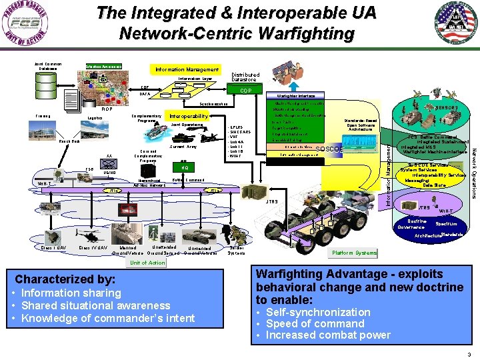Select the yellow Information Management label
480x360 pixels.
click(186, 69)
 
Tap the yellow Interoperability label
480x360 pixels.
click(189, 115)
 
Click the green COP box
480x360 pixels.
click(245, 91)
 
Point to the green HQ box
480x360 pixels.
click(184, 167)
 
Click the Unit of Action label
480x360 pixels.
click(147, 263)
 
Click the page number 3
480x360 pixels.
click(469, 354)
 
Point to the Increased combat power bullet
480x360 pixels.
click(328, 335)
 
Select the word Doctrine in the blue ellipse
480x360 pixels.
click(417, 221)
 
